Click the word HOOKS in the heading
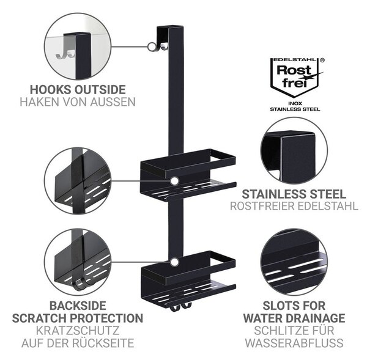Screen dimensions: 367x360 [50, 90]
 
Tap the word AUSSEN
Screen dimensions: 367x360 [114, 102]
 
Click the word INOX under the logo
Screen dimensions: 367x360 [295, 103]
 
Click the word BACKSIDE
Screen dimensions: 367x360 [78, 306]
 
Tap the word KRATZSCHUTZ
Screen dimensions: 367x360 [78, 331]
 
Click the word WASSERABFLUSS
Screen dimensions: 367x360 [294, 343]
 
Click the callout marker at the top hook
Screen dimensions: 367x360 [152, 46]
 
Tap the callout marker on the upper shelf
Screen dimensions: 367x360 [174, 181]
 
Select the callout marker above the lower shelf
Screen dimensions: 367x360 [174, 262]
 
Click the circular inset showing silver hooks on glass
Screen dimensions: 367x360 [78, 46]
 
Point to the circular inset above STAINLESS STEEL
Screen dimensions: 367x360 [294, 151]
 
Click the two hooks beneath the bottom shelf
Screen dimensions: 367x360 [180, 307]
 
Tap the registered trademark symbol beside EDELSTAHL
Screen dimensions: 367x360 [322, 60]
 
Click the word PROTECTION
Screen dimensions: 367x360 [106, 318]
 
